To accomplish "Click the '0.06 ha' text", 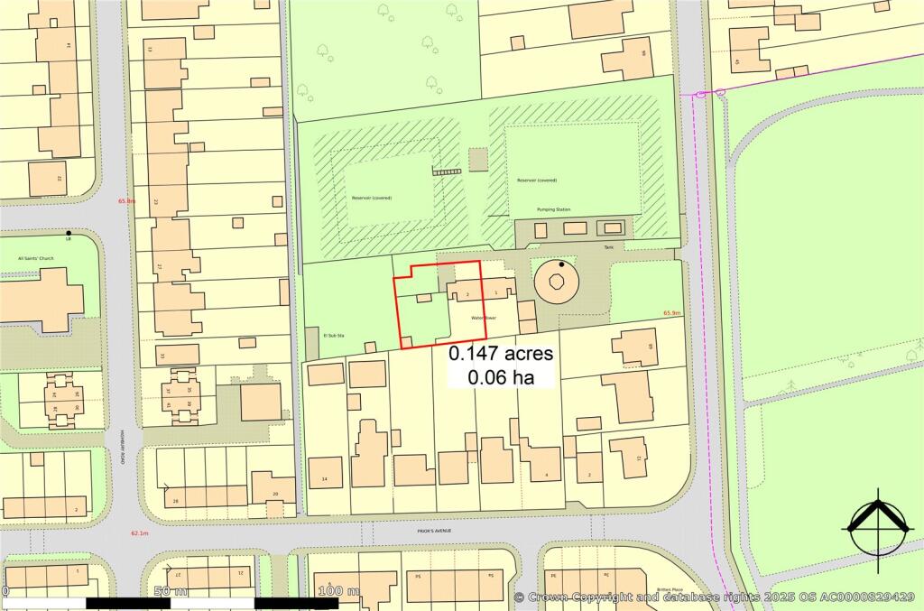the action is (x=501, y=377).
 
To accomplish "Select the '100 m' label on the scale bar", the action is (x=339, y=591).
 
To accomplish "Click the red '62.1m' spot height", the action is (x=139, y=532).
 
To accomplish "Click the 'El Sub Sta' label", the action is (x=335, y=334).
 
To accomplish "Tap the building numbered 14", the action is (x=326, y=472).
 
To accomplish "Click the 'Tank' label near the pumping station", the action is (x=608, y=245).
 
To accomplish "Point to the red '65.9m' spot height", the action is (x=672, y=313).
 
